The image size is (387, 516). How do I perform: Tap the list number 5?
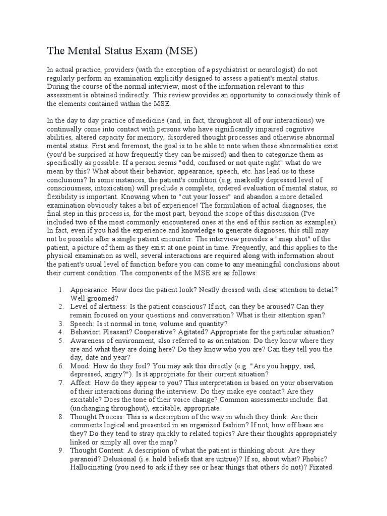click(60, 341)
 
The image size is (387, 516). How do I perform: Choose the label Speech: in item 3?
click(83, 324)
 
